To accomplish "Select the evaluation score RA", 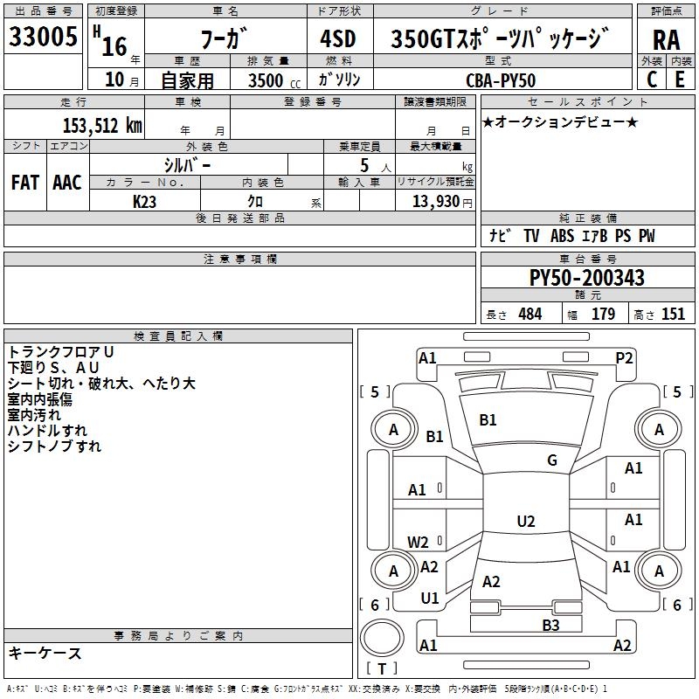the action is coord(666,41).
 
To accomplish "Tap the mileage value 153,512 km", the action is coord(102,125).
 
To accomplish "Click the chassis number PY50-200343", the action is coord(587,278).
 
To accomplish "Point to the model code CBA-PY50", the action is coord(502,80).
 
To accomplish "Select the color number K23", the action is coord(144,201).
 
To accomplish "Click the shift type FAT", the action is coord(24,182).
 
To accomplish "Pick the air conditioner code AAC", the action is coord(67,182).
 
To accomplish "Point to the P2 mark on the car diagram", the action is coord(624,356).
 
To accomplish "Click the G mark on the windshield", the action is coord(552,460).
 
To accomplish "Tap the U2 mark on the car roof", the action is coord(525,522).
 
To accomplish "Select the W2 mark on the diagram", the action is coord(419,542).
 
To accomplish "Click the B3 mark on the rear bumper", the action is coord(550,625).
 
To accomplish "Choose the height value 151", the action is coord(673,315).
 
